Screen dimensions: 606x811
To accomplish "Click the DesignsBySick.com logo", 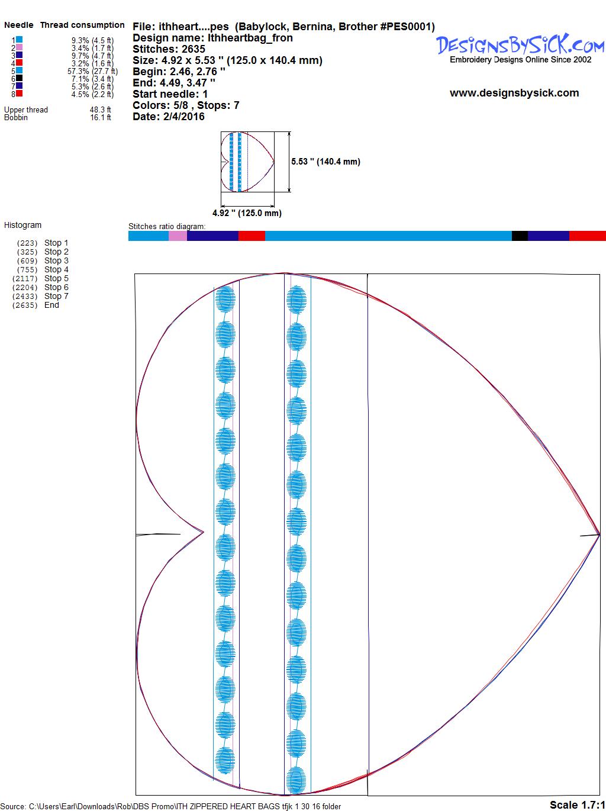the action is point(520,49).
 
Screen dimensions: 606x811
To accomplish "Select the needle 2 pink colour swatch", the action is point(19,47).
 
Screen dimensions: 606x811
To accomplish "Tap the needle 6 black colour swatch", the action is point(19,78).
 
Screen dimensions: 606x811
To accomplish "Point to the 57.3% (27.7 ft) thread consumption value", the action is point(93,71).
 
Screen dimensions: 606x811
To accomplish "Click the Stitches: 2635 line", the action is point(169,49).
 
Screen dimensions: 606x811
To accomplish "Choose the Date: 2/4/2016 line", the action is point(169,117).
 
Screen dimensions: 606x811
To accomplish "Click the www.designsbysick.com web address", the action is point(514,93).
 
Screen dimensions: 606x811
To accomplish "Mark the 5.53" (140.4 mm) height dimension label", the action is point(325,162).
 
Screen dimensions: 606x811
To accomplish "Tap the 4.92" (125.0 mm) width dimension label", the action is point(247,213).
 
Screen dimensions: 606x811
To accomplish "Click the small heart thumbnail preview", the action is point(247,162).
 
